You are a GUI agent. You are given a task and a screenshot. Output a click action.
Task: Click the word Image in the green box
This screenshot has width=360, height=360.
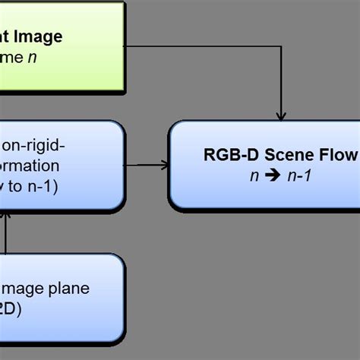point(34,36)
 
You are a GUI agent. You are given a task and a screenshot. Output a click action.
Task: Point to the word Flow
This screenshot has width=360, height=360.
point(339,156)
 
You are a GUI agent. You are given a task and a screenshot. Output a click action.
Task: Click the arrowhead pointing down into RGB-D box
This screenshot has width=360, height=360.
point(281,116)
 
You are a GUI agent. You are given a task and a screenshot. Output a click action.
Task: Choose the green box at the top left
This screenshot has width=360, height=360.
point(61,47)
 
